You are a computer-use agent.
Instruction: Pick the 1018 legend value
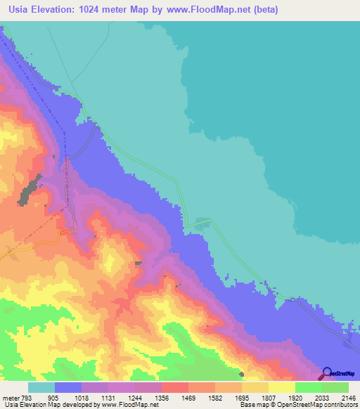point(84,397)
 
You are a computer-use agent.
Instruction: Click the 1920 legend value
point(296,397)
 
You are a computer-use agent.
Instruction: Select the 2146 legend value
point(348,397)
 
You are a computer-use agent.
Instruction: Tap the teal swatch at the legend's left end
point(41,387)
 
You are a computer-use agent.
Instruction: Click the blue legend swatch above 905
point(67,387)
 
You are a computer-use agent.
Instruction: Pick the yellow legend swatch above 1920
point(281,387)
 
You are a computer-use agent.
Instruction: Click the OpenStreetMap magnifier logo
point(327,373)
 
